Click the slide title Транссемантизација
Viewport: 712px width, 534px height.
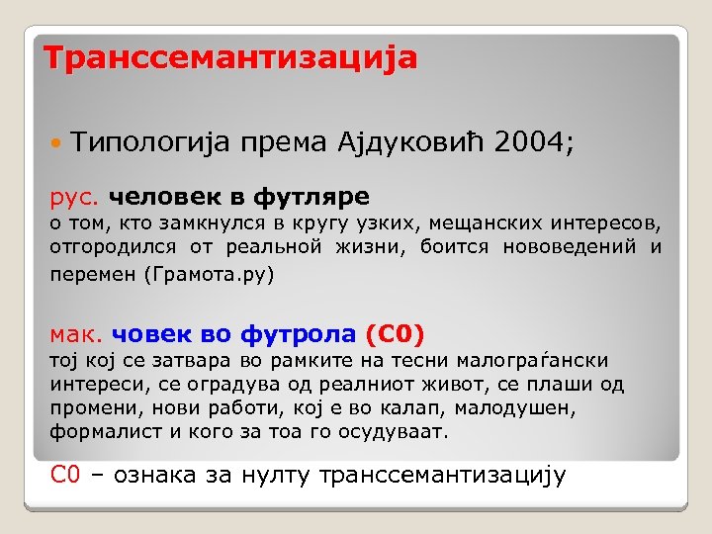pos(230,57)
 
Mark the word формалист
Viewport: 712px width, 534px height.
pos(96,432)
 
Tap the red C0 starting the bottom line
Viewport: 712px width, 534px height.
pos(64,475)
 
